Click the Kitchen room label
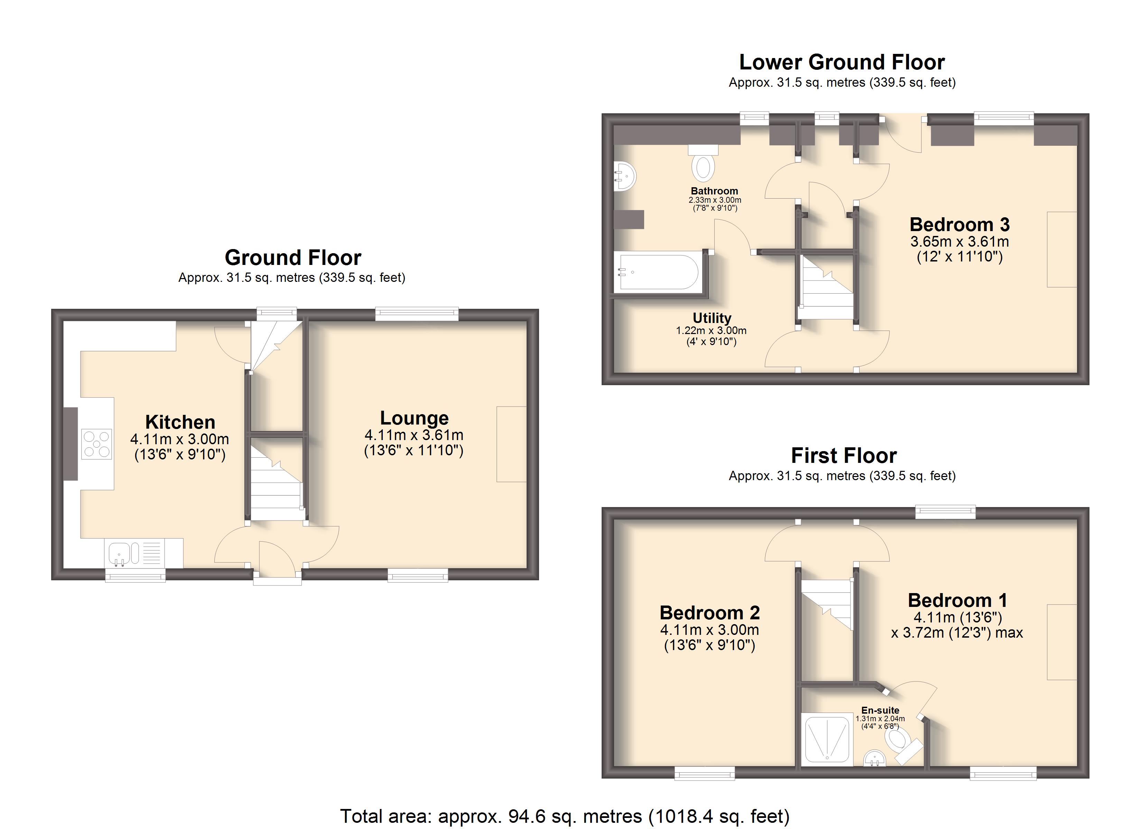(x=180, y=422)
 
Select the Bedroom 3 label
(x=959, y=224)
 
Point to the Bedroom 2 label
(x=709, y=612)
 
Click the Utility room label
(x=712, y=318)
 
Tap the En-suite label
(x=880, y=710)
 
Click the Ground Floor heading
(x=293, y=257)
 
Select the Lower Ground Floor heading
(x=842, y=62)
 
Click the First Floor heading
(x=844, y=456)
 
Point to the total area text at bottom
(x=565, y=816)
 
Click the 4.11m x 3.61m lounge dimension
(x=414, y=435)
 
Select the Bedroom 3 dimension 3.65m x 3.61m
(x=959, y=241)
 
